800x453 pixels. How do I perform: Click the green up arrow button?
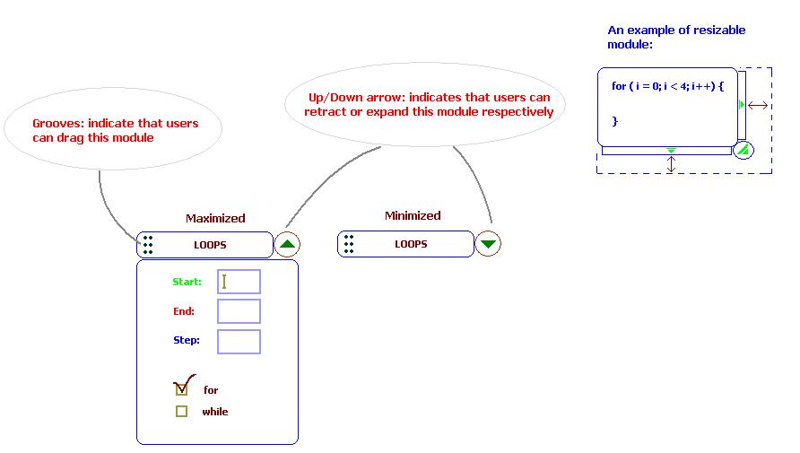[287, 244]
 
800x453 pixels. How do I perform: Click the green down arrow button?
[488, 243]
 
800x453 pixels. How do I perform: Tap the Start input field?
[239, 282]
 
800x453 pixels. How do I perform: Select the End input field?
[239, 311]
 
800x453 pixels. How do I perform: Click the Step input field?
[239, 342]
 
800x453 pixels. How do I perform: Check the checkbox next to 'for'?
[182, 389]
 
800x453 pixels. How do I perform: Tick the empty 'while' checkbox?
[182, 411]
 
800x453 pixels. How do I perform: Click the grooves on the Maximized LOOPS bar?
[148, 245]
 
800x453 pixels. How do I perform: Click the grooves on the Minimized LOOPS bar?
[349, 244]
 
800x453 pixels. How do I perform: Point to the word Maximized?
[215, 218]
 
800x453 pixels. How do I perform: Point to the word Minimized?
[413, 216]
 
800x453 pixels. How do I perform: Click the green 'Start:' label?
[187, 282]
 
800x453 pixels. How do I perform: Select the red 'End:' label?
[184, 311]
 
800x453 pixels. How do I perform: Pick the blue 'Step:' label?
[187, 340]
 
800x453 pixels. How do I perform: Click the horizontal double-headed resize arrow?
[758, 106]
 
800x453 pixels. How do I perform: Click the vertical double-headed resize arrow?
[671, 164]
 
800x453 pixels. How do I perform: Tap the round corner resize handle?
[743, 150]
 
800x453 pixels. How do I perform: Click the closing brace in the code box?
[614, 121]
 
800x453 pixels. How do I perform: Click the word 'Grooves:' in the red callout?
[57, 124]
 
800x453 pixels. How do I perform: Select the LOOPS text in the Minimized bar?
[411, 244]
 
